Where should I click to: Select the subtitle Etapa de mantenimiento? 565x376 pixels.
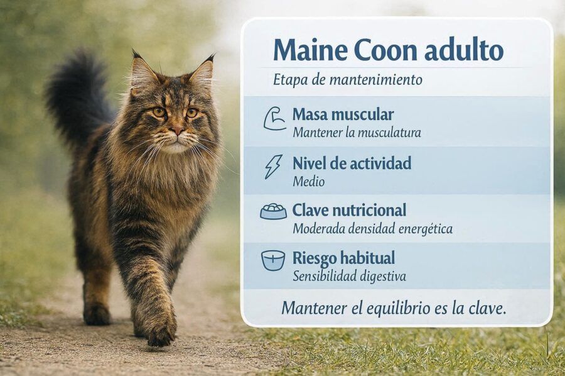pyautogui.click(x=347, y=80)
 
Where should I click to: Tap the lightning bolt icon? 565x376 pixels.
pyautogui.click(x=274, y=167)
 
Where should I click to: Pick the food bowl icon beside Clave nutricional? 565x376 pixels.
pyautogui.click(x=274, y=211)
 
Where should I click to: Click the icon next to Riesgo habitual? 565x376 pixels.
pyautogui.click(x=273, y=260)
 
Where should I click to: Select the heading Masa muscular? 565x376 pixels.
pyautogui.click(x=343, y=114)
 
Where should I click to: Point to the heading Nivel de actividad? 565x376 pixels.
pyautogui.click(x=352, y=163)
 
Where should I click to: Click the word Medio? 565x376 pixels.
pyautogui.click(x=308, y=181)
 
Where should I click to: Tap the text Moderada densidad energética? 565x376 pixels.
pyautogui.click(x=372, y=229)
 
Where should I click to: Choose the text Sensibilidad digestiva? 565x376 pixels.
pyautogui.click(x=349, y=277)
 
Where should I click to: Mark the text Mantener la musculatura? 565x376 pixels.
pyautogui.click(x=357, y=133)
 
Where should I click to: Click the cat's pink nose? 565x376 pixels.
pyautogui.click(x=177, y=130)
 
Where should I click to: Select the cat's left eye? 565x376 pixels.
pyautogui.click(x=191, y=113)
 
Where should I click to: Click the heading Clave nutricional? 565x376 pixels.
pyautogui.click(x=349, y=210)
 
